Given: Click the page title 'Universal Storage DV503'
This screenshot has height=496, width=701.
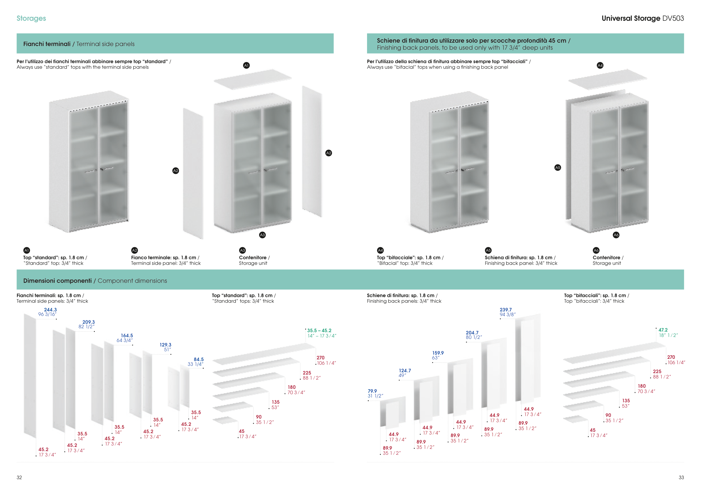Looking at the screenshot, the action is pos(642,18).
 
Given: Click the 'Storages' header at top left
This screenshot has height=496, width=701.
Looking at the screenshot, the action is pos(31,18).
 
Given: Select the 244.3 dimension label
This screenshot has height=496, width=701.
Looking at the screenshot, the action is pos(50,310).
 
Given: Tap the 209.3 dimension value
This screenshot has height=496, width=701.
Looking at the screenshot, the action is pos(89,322).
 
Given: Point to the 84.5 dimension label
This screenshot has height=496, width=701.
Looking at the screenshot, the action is pos(199,359).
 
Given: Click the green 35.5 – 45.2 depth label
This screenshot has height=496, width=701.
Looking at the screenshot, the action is pos(319,330).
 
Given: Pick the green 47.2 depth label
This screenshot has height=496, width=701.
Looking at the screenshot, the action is pos(663,330).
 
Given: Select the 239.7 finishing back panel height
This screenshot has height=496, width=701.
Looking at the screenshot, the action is pos(506,310).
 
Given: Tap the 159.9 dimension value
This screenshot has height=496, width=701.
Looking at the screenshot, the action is pos(438,353).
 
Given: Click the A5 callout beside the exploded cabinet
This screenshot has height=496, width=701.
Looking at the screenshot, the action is pos(557,167).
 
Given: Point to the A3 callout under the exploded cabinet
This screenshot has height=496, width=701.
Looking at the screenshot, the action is pos(262,235).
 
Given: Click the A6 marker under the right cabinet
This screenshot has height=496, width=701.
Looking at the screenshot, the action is pos(616,235).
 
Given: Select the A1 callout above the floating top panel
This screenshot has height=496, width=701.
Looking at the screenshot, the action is pos(246,65).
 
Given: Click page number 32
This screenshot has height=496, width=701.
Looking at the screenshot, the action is pos(19,477).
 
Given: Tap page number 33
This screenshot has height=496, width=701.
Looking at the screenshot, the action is pos(681,477).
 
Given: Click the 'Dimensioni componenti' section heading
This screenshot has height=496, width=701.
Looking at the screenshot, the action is pos(57,281).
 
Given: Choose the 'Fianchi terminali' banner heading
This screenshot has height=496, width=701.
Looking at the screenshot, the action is pos(47,44).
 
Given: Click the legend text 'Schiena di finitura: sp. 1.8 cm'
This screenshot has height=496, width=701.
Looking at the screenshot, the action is pos(518,258).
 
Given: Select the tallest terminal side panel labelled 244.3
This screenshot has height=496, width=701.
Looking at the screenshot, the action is pos(30,376).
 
